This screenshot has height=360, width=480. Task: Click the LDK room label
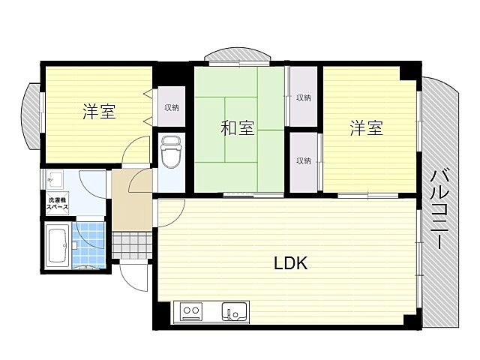point(290,263)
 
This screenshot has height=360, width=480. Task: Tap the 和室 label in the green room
point(237,128)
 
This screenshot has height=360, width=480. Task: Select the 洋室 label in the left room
point(98,112)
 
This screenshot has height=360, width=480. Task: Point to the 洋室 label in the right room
point(367,128)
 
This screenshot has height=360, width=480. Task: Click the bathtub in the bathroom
point(57,244)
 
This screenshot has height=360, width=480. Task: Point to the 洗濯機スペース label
point(58,203)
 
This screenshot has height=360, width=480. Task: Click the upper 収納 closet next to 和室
point(303,97)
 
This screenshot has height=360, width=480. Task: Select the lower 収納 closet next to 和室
point(303,160)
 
